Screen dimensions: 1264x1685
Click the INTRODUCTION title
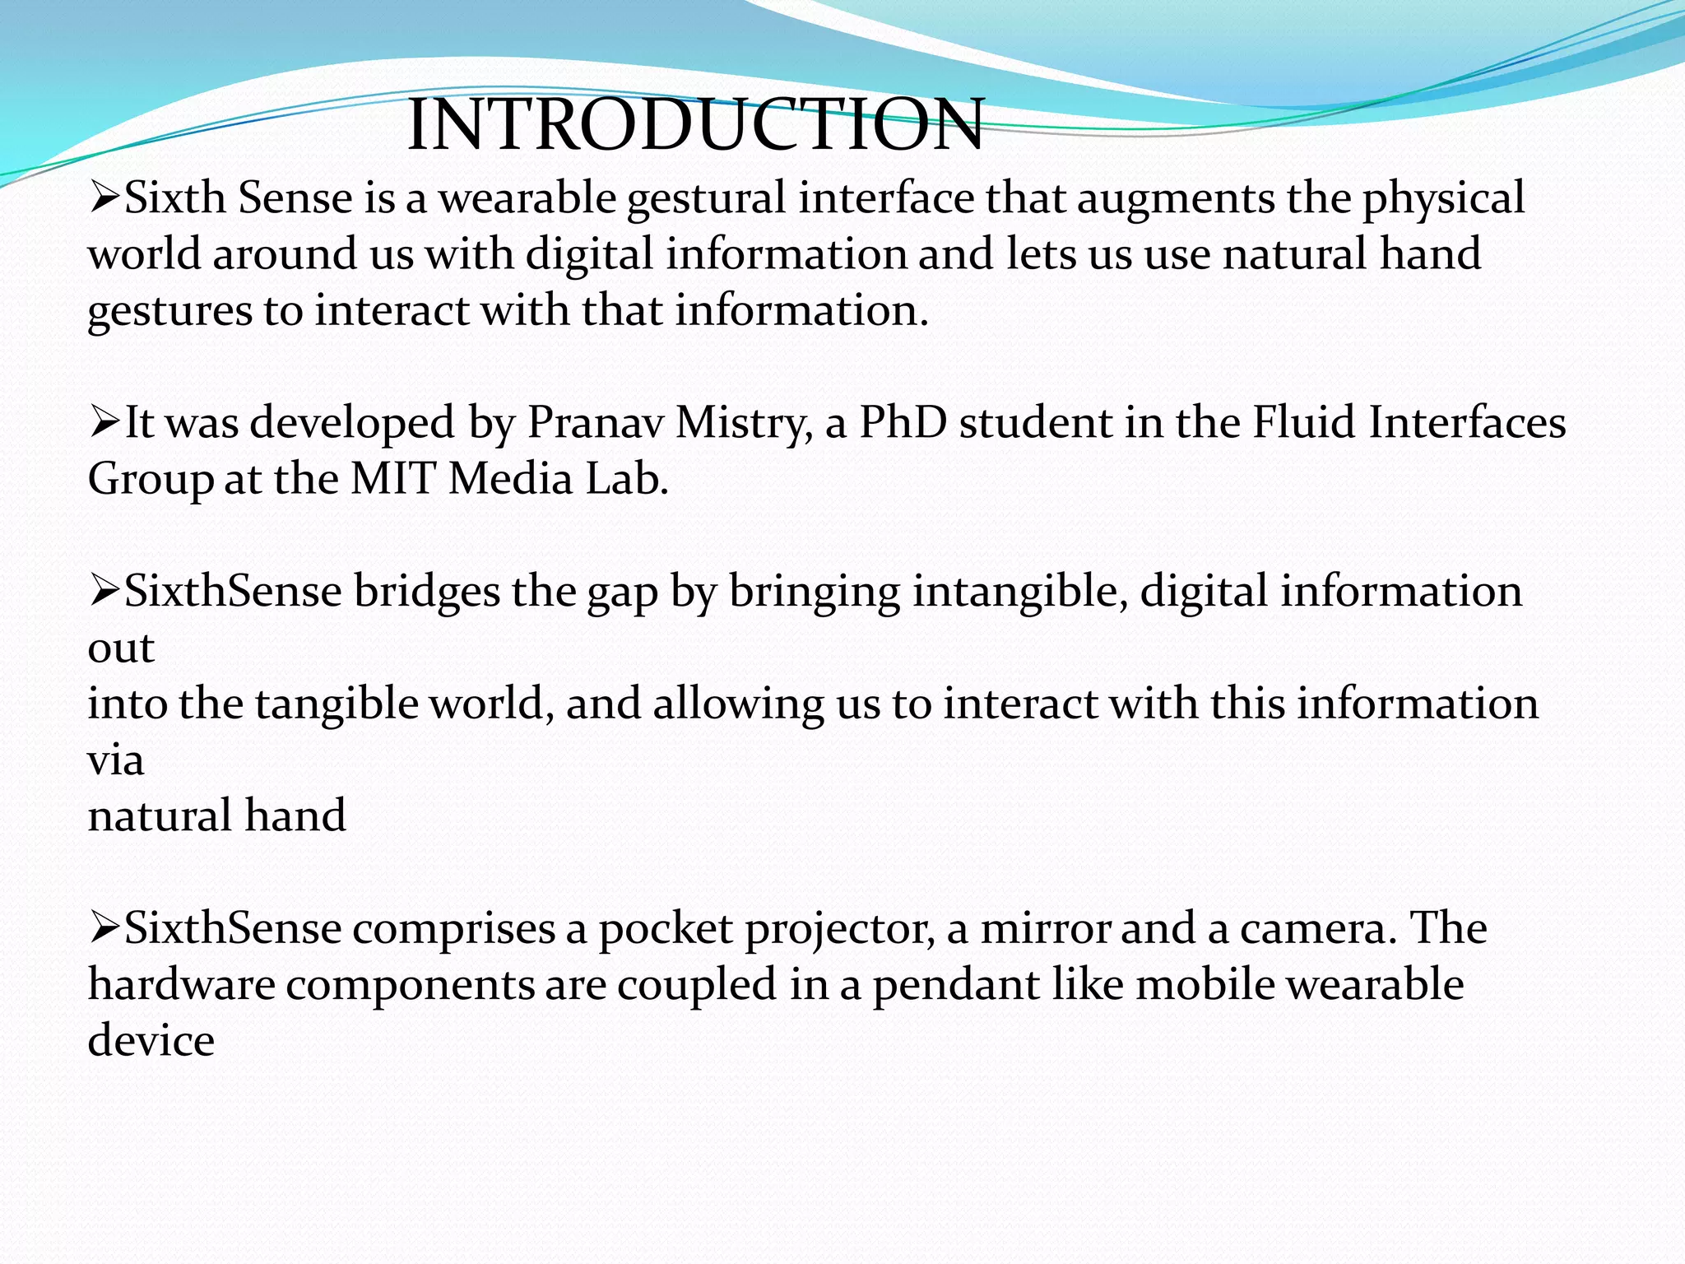click(x=695, y=125)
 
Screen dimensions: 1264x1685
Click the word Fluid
click(x=1304, y=423)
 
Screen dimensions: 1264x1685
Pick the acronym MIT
click(x=392, y=479)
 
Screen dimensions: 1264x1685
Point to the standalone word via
click(x=116, y=760)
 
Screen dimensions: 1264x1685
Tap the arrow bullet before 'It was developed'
click(x=104, y=423)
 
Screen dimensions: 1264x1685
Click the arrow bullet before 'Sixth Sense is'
click(x=104, y=198)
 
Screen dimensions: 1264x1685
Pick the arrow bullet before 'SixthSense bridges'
click(x=104, y=592)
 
